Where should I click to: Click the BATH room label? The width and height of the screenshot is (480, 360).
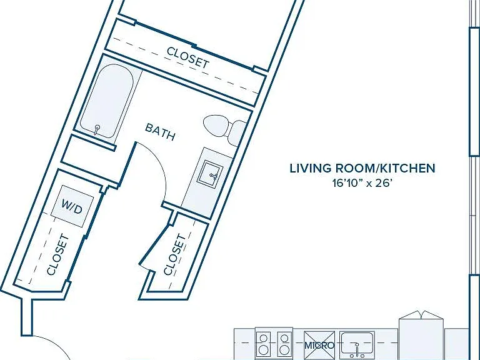pos(160,132)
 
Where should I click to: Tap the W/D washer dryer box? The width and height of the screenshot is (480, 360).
pos(72,206)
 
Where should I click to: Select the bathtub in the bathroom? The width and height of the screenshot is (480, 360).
pos(106,101)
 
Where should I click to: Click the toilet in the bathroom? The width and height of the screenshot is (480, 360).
pos(225,130)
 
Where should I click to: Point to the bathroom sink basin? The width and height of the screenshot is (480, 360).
pos(210,173)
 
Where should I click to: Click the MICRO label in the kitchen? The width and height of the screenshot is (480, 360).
pos(319,345)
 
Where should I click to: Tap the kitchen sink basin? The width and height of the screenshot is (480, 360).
pos(357,345)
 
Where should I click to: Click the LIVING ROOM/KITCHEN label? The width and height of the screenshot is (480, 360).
pos(362,168)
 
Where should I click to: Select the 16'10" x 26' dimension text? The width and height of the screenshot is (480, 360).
pos(362,183)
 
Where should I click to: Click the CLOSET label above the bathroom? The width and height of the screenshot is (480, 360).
pos(188,57)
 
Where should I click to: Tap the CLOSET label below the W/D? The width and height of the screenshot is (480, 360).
pos(58,255)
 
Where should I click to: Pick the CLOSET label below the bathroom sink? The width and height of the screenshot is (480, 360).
pos(175,255)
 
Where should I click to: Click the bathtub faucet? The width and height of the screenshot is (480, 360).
pos(97,129)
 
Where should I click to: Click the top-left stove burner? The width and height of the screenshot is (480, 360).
pos(263,338)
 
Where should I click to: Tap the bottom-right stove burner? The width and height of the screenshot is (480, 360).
pos(284,349)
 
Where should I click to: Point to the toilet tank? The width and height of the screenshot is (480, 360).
pos(238,134)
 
